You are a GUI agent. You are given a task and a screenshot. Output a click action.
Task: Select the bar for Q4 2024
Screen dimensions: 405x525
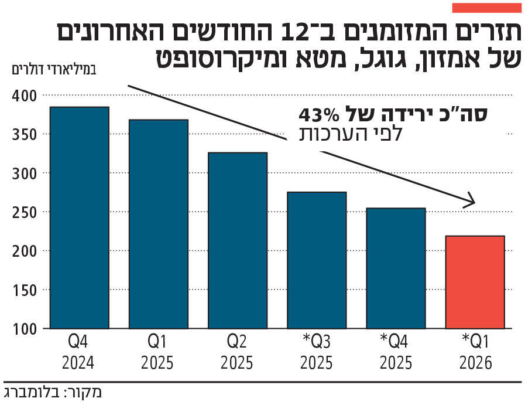point(79,217)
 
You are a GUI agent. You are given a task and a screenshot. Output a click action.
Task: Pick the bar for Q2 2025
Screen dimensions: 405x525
point(238,240)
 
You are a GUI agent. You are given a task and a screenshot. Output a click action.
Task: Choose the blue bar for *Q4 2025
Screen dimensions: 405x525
point(396,268)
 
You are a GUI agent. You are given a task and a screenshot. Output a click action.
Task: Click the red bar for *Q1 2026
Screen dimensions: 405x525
point(475,282)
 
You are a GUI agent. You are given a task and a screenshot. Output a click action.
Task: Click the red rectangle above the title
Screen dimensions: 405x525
point(486,8)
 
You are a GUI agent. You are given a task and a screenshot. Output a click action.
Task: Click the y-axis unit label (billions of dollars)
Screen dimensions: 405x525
point(53,70)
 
